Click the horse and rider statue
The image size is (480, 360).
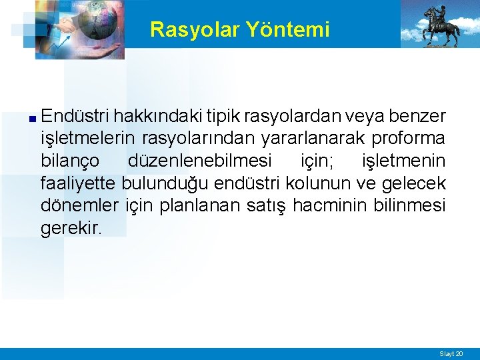(x=439, y=26)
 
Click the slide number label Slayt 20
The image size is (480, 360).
(x=450, y=353)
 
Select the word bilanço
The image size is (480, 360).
(x=70, y=161)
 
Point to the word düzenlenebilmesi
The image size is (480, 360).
(x=199, y=161)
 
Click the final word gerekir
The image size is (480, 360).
(x=71, y=229)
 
